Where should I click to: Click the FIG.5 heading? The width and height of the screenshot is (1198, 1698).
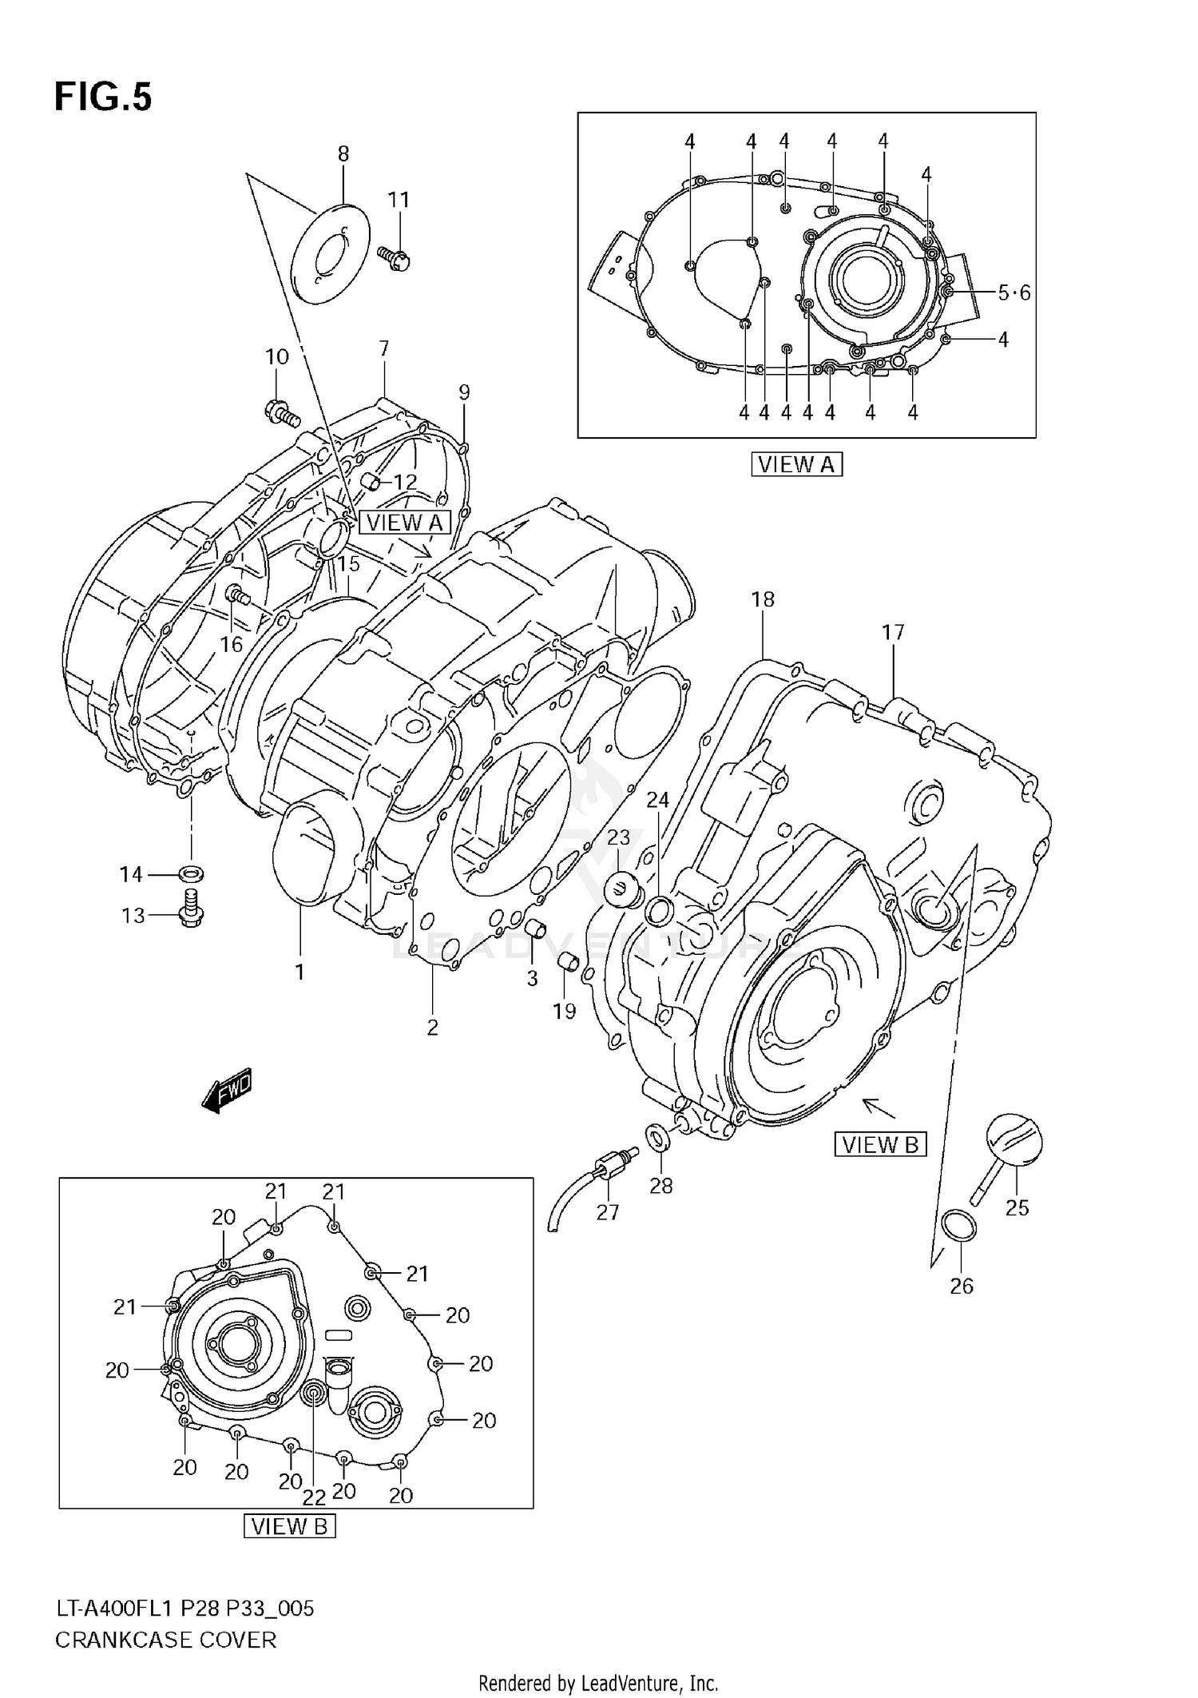[x=102, y=97]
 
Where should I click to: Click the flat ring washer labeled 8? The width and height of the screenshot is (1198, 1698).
[x=331, y=253]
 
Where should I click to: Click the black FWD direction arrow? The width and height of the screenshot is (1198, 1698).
[x=227, y=1089]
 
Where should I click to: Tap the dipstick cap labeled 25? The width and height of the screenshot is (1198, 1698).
[x=1013, y=1143]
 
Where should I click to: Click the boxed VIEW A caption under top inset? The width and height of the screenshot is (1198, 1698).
[x=796, y=464]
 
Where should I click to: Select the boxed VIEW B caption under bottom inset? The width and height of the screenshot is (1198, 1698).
[x=289, y=1526]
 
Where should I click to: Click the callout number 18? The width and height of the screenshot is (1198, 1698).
[x=763, y=599]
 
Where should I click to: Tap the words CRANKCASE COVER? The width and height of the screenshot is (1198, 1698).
[x=165, y=1640]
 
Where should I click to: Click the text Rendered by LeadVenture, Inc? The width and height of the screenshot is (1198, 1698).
[x=598, y=1684]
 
